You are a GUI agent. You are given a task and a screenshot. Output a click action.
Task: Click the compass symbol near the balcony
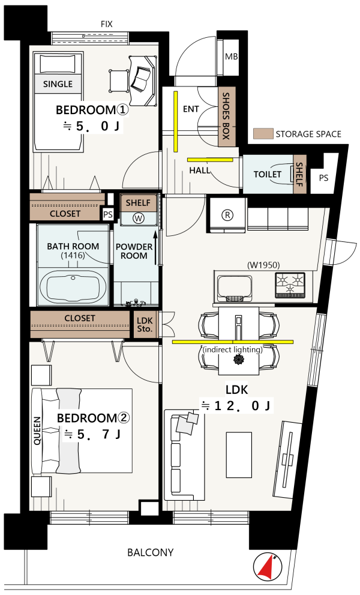click(x=268, y=567)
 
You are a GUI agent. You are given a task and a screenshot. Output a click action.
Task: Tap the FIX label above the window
click(x=107, y=24)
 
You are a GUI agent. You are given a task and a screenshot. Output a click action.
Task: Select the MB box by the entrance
click(x=231, y=57)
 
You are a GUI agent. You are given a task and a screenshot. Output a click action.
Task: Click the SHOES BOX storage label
click(x=226, y=116)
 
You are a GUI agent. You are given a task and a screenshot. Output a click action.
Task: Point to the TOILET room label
click(x=268, y=174)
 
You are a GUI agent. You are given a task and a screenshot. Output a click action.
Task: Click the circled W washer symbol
click(x=138, y=219)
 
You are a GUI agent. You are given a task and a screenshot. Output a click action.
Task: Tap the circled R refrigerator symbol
click(x=227, y=215)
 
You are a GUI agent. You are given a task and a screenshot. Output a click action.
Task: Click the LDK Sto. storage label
click(x=145, y=325)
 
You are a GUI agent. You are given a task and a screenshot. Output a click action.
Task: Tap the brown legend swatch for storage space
click(x=263, y=133)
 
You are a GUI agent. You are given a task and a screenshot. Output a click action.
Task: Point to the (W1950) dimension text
click(x=263, y=265)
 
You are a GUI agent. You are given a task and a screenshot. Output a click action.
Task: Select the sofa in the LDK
click(x=184, y=455)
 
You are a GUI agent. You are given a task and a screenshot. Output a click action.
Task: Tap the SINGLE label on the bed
click(x=58, y=84)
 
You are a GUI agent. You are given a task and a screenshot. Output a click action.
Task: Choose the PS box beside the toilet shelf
click(x=323, y=178)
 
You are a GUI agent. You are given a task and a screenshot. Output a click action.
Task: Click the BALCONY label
click(x=151, y=552)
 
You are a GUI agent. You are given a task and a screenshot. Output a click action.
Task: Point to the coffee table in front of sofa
click(x=239, y=455)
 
